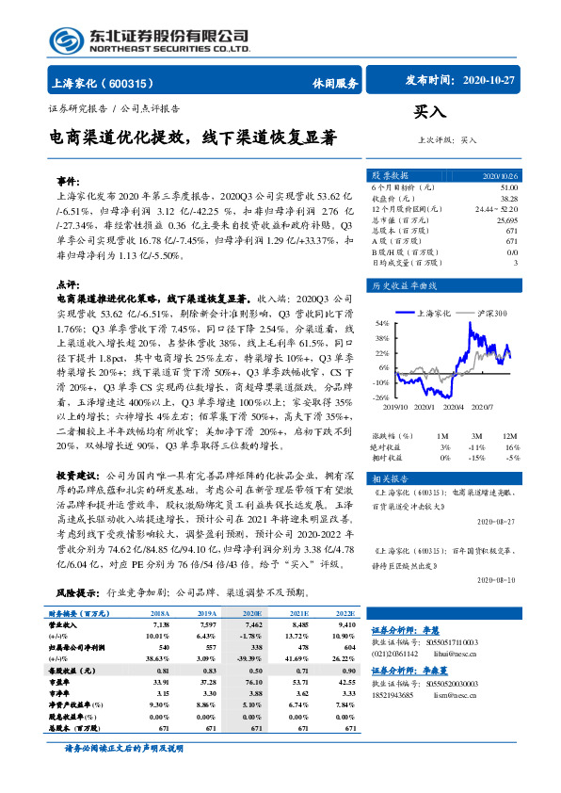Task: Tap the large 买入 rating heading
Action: (430, 111)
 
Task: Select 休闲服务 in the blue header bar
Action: (335, 83)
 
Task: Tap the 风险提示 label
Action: (79, 593)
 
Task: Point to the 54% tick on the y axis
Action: (381, 322)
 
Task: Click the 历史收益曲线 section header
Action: (403, 284)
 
